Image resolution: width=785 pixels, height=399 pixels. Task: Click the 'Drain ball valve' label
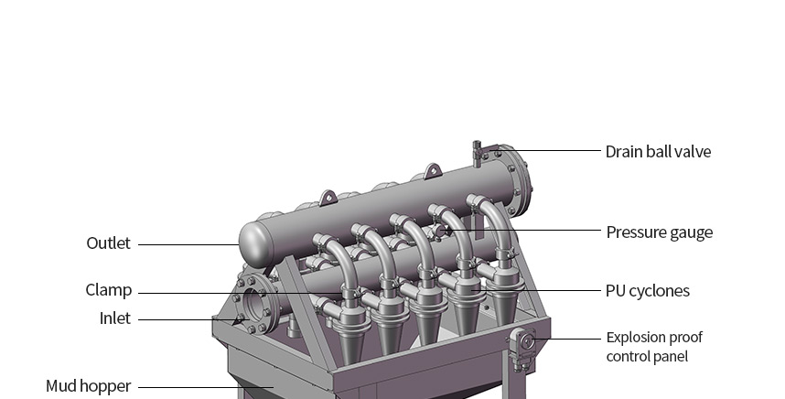[x=658, y=152]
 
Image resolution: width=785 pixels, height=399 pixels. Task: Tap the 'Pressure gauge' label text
[x=659, y=232]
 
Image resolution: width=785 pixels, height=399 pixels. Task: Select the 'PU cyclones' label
[x=648, y=291]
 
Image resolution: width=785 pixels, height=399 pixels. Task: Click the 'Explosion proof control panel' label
[x=654, y=347]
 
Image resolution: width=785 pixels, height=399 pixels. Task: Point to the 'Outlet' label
[x=108, y=243]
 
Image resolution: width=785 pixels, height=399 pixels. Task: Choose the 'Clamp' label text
[x=109, y=290]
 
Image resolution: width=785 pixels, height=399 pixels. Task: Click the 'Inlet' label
[x=114, y=318]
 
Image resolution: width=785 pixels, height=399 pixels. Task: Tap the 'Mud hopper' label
[x=88, y=386]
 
